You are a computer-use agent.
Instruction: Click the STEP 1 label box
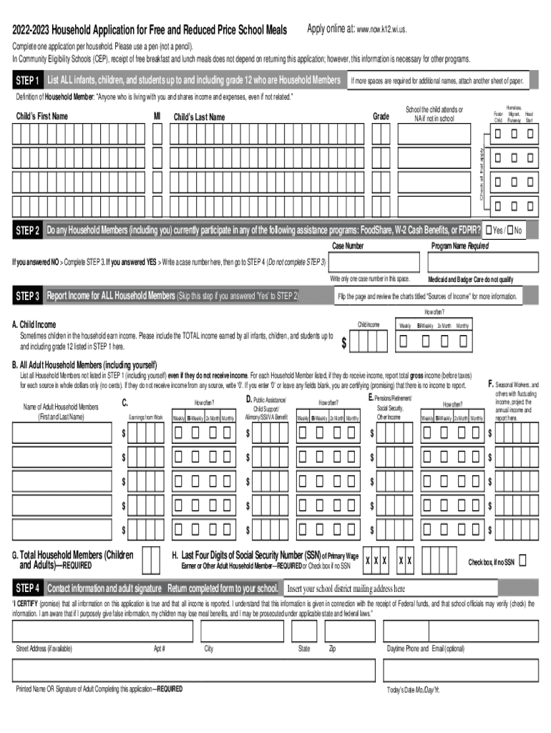click(x=27, y=79)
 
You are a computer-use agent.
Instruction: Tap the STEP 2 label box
click(x=27, y=231)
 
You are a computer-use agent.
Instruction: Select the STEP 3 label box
click(x=27, y=296)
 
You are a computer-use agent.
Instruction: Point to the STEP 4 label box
click(x=27, y=589)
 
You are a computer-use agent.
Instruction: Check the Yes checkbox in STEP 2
click(x=488, y=230)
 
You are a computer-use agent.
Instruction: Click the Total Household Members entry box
click(x=151, y=560)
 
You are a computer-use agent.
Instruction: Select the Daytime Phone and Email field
click(x=461, y=631)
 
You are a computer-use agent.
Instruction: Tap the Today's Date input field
click(x=461, y=671)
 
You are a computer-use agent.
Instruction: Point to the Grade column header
click(x=381, y=116)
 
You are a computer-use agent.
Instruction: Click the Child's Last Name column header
click(x=199, y=117)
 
